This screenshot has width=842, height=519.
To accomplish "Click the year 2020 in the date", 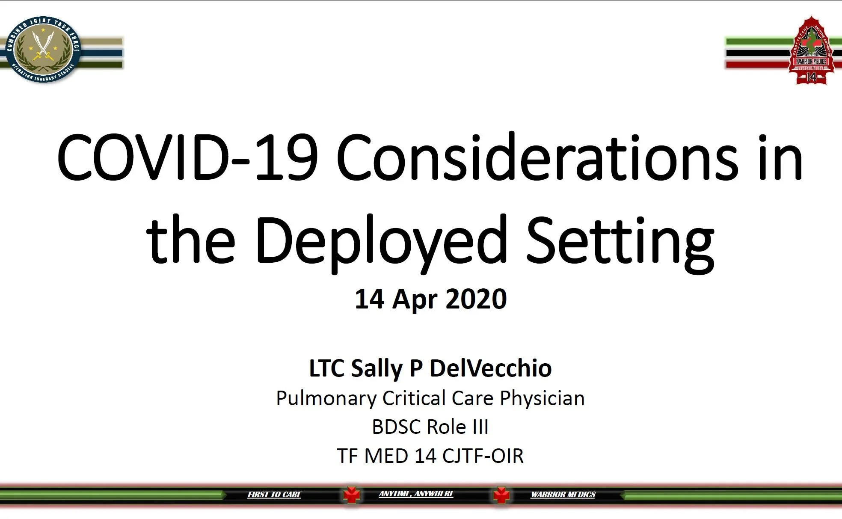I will tap(476, 299).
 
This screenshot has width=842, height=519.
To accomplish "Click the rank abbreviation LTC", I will tap(326, 368).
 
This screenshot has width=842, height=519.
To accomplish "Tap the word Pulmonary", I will tap(326, 399).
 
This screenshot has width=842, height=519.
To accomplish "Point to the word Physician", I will tap(542, 399).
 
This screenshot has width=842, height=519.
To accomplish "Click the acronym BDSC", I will tap(396, 427).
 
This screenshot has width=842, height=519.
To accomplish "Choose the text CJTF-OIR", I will tap(483, 456).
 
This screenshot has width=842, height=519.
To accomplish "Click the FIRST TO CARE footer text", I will tap(274, 495).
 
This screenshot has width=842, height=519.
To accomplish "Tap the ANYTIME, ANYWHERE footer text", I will tap(416, 494).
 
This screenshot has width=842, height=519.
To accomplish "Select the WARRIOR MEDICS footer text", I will tap(563, 495).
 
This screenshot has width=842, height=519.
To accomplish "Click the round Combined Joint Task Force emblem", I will tap(43, 50).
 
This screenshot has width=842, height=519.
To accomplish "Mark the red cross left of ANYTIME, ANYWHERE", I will tap(352, 495).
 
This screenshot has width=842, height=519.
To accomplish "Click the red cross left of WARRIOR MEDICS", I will tap(501, 495).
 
